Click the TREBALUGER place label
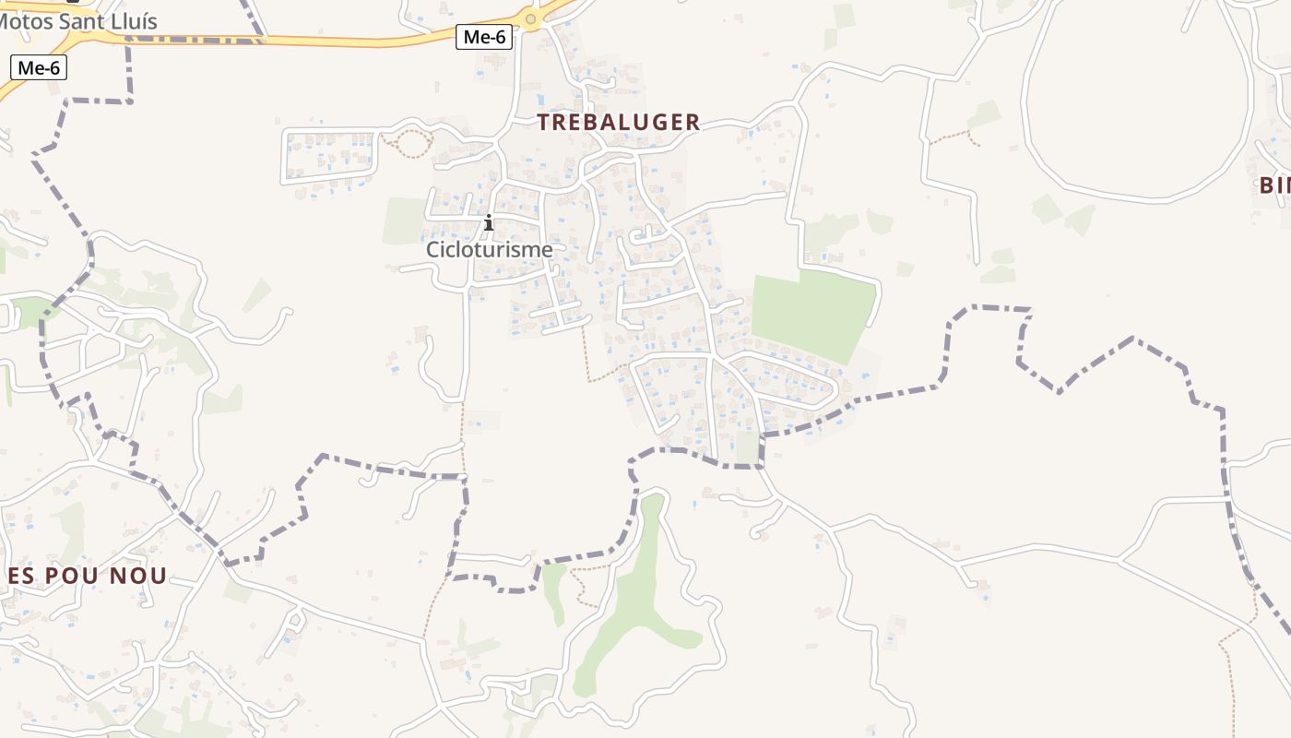[x=619, y=122]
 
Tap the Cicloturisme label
[x=489, y=249]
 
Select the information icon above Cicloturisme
[x=489, y=222]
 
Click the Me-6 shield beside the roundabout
[x=484, y=37]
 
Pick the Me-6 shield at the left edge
[x=39, y=66]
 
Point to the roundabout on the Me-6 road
[x=531, y=18]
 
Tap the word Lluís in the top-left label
[x=130, y=21]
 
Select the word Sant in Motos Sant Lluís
[x=82, y=21]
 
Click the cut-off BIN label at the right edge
[x=1275, y=184]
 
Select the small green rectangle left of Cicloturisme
[x=404, y=220]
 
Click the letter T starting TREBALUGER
[x=544, y=122]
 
